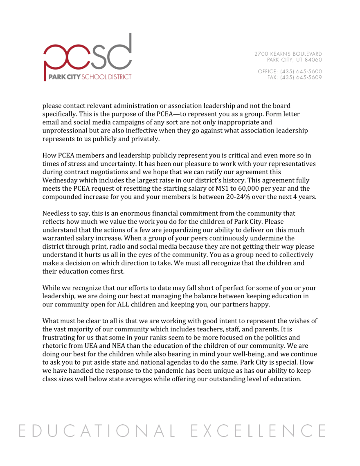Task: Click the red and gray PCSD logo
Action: [88, 57]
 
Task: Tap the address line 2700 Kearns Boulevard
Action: [288, 54]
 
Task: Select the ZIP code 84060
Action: [313, 60]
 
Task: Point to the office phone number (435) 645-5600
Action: [301, 71]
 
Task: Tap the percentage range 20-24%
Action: [241, 196]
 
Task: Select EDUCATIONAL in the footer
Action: [94, 430]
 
